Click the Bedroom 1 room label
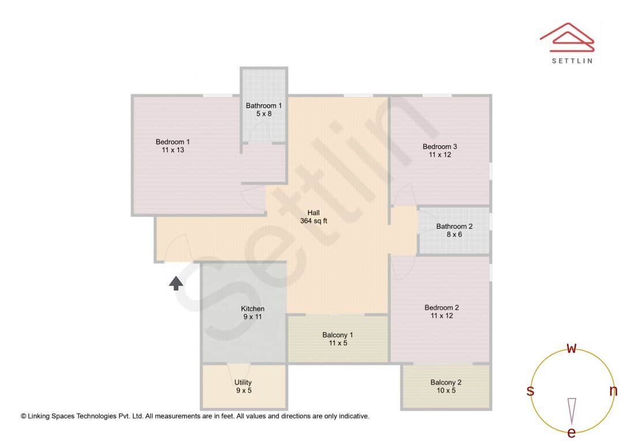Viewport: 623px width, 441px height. tap(172, 142)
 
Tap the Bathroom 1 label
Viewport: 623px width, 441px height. tap(264, 106)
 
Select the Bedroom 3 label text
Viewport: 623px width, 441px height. tap(440, 147)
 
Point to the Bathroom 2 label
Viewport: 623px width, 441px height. tap(454, 226)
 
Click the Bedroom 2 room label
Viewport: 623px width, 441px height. tap(441, 308)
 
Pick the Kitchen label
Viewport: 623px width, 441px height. tap(253, 309)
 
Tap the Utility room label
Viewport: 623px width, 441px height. tap(243, 382)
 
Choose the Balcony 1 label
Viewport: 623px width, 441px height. tap(337, 335)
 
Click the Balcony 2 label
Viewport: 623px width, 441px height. tap(446, 382)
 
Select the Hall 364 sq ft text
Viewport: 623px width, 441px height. tap(314, 217)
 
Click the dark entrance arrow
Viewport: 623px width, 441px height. tap(176, 283)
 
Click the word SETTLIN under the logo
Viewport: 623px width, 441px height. tap(572, 61)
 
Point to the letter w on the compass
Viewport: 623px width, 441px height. tap(572, 348)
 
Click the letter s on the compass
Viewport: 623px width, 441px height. tap(530, 391)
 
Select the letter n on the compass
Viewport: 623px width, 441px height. tap(613, 391)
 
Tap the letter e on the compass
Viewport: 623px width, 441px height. tap(572, 432)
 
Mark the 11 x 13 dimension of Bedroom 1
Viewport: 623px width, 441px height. tap(172, 150)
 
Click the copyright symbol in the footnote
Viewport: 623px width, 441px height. tap(24, 416)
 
